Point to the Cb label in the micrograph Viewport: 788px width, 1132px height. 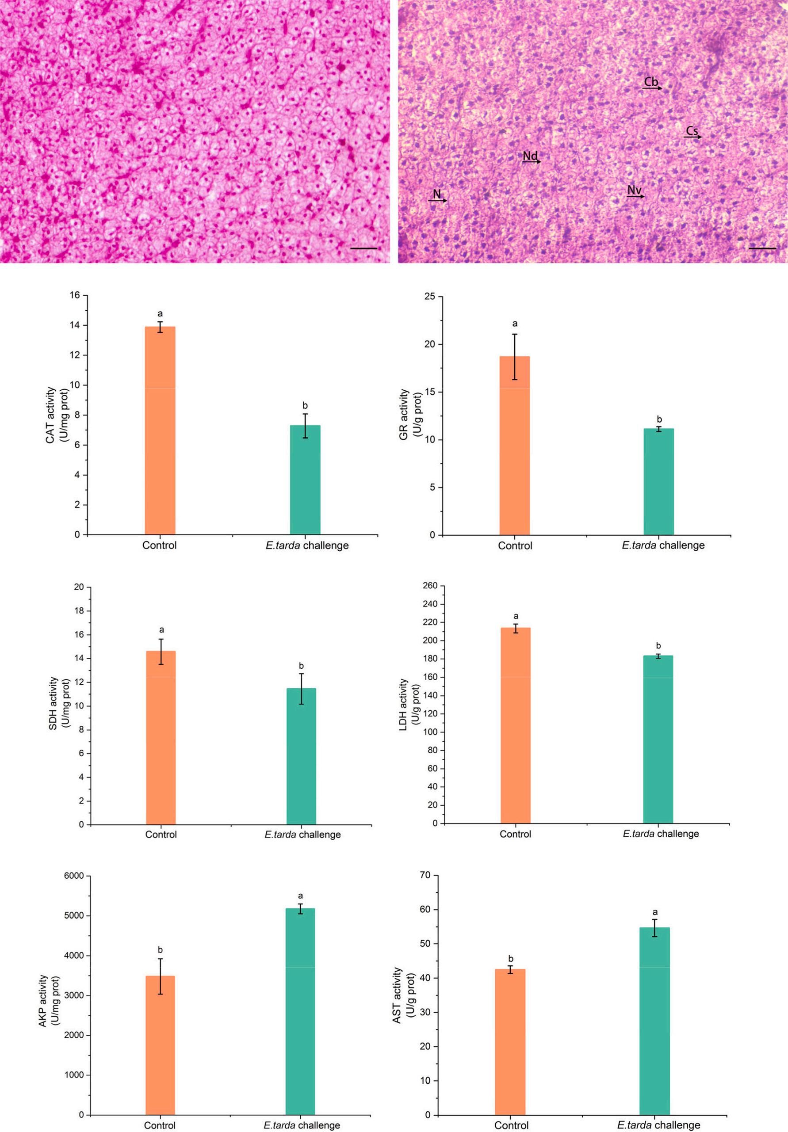(651, 82)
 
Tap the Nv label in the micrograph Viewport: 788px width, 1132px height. (635, 190)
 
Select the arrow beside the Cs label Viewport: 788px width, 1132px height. (693, 137)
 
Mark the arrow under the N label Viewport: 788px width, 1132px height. (437, 201)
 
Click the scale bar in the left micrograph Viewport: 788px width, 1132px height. (364, 248)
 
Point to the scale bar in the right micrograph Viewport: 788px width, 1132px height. (762, 248)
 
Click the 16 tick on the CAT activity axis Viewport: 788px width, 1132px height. (78, 295)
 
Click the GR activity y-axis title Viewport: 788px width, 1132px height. (409, 414)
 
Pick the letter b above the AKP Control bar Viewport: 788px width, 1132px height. (160, 950)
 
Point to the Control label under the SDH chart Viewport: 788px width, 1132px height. (161, 835)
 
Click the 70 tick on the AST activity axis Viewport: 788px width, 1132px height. (425, 875)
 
